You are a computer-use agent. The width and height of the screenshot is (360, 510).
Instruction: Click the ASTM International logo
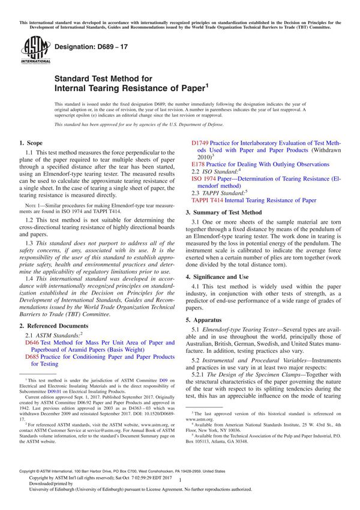tap(31, 50)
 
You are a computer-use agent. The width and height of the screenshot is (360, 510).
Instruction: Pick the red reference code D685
tap(32, 356)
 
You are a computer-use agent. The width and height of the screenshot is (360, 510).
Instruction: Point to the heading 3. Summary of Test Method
tap(223, 212)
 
